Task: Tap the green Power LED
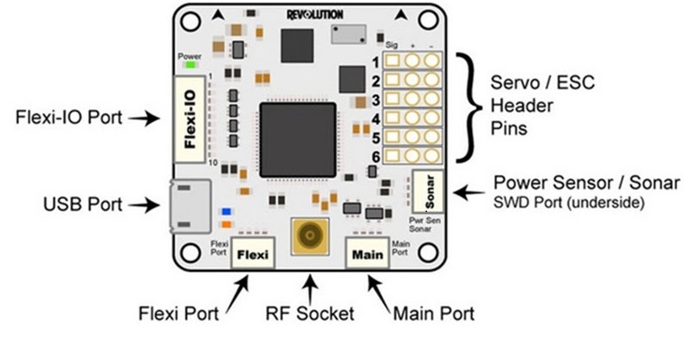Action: point(189,65)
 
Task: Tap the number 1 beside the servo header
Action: point(375,62)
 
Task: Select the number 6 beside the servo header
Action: point(375,157)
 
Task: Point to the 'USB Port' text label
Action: point(82,205)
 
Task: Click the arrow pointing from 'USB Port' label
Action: point(144,205)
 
